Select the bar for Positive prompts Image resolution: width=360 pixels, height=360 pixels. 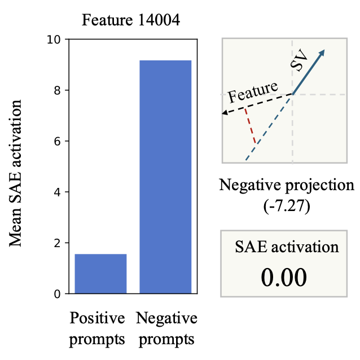point(100,274)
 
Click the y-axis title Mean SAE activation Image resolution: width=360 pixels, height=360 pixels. point(17,173)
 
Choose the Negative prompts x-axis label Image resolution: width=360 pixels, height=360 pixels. point(167,328)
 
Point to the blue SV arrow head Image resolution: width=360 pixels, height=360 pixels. point(322,52)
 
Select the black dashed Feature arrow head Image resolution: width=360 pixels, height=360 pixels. point(225,113)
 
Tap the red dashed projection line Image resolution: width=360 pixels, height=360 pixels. point(250,125)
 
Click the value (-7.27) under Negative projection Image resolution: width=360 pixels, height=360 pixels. point(287,206)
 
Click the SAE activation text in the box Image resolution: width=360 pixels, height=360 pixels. point(287,247)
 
